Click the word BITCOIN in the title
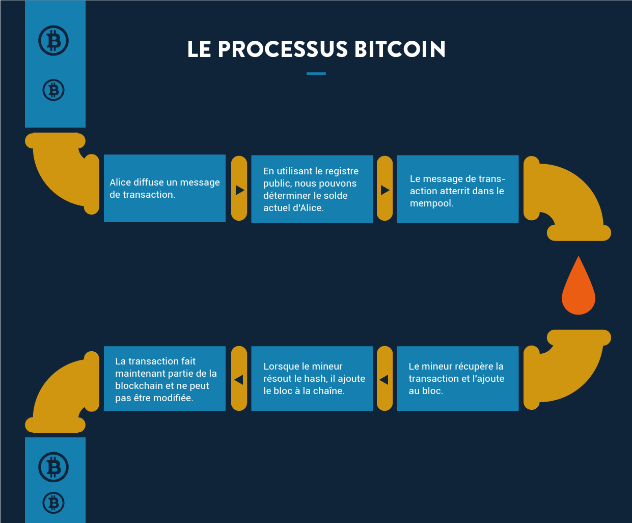click(400, 49)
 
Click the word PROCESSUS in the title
click(283, 49)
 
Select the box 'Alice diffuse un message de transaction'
click(164, 189)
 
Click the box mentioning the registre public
click(312, 189)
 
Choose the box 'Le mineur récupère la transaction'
click(458, 378)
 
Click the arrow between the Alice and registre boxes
click(240, 190)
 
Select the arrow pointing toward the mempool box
click(385, 190)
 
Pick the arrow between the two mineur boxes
click(384, 380)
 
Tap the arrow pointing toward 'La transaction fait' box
click(238, 380)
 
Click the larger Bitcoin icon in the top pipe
click(53, 41)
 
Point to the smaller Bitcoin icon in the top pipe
click(53, 90)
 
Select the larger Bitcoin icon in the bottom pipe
click(53, 467)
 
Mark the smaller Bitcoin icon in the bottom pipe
click(53, 503)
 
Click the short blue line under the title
click(316, 73)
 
